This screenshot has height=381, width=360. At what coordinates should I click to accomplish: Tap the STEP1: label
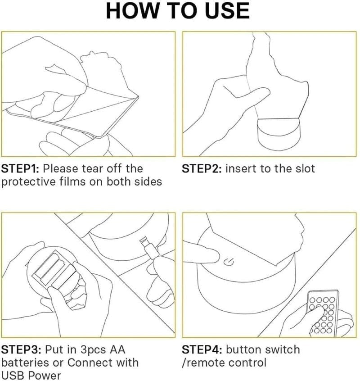20,169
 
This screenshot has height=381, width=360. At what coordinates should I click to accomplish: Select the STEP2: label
202,169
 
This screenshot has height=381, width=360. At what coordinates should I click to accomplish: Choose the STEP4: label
202,350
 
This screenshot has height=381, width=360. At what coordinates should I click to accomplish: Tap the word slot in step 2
305,169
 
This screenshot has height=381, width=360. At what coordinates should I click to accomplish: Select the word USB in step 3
12,376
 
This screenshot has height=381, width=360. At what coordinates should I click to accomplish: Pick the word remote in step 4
204,363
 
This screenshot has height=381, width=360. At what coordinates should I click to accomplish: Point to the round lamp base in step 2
279,134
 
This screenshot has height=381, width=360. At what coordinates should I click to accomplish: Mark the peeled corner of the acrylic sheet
137,97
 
